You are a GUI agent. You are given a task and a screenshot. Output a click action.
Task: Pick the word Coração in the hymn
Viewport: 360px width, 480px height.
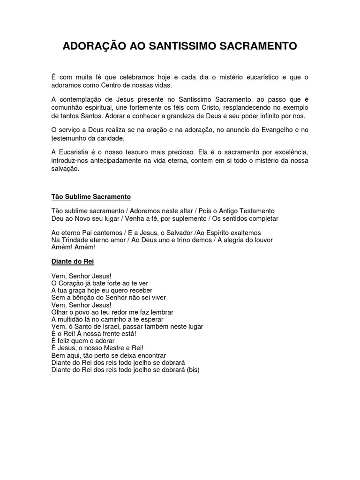click(72, 284)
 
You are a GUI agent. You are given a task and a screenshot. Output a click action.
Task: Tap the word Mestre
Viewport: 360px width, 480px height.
click(123, 348)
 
